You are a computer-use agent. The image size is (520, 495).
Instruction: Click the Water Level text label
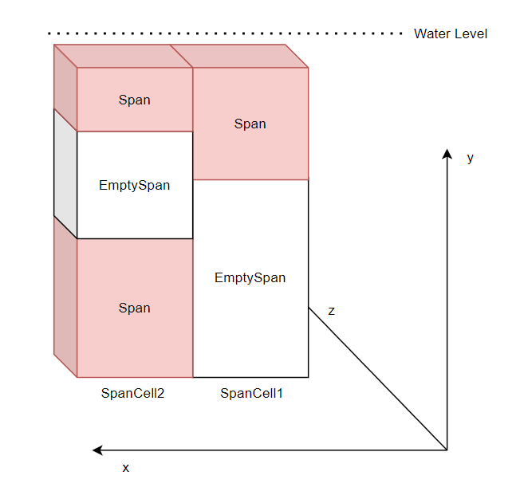pos(450,33)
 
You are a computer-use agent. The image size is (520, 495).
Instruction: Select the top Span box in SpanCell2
pos(134,100)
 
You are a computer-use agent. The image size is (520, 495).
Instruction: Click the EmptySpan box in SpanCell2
pos(134,185)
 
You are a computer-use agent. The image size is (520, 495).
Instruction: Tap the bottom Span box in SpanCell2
pos(134,308)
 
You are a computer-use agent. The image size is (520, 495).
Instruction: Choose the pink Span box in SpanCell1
pos(250,124)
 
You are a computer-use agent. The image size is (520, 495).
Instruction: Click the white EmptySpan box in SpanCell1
pos(250,278)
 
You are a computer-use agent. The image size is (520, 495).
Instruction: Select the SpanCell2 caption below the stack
pos(132,393)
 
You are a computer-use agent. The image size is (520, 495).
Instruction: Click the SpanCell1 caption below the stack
pos(251,393)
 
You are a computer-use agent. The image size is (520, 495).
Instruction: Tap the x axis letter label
pos(125,468)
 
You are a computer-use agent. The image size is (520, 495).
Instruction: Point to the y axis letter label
pos(470,158)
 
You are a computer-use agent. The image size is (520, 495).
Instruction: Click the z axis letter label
pos(331,311)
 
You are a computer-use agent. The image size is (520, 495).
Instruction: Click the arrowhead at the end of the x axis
pos(98,450)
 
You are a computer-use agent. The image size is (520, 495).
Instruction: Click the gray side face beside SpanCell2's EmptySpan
pos(65,173)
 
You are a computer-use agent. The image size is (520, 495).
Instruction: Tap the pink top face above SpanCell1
pos(238,56)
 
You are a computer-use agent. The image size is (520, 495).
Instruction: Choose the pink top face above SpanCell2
pos(123,56)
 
